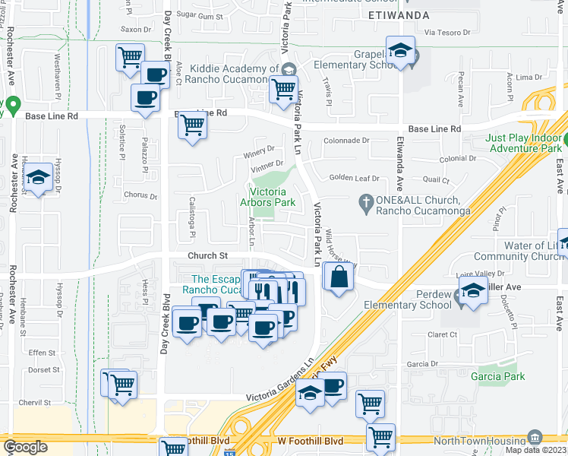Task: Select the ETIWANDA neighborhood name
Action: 399,15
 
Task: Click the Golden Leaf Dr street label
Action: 354,178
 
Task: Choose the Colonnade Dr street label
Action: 346,141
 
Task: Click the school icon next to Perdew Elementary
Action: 473,292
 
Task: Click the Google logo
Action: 25,447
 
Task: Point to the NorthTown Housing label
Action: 476,441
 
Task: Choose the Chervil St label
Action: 42,403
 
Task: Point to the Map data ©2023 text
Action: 533,450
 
